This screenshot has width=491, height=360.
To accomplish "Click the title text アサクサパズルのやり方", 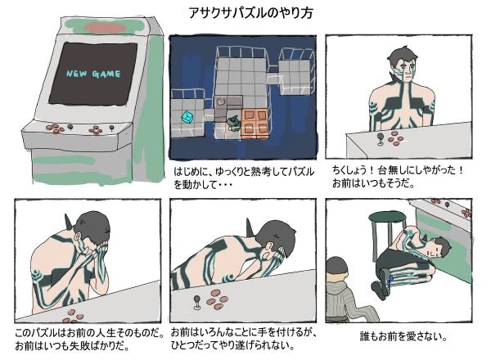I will [x=245, y=13].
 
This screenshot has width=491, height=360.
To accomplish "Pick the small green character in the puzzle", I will [x=232, y=122].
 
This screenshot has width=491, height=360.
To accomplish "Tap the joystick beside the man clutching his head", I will [x=196, y=307].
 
